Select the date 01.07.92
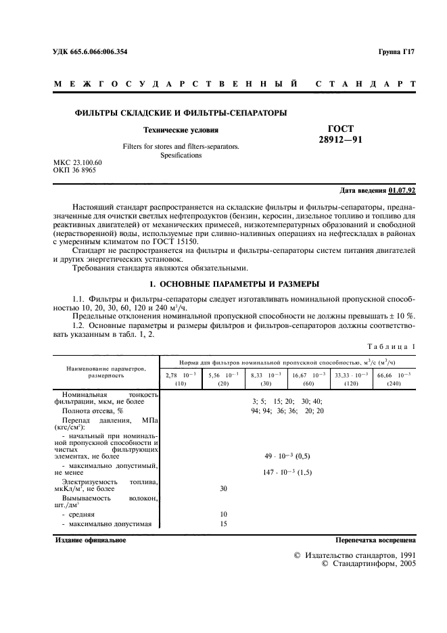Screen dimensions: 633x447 pyautogui.click(x=404, y=191)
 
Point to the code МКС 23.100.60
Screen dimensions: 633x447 pyautogui.click(x=78, y=164)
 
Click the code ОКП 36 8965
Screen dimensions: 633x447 pyautogui.click(x=74, y=172)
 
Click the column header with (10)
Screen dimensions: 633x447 pyautogui.click(x=181, y=383)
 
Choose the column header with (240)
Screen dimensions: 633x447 pyautogui.click(x=392, y=383)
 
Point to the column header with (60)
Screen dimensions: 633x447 pyautogui.click(x=308, y=383)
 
